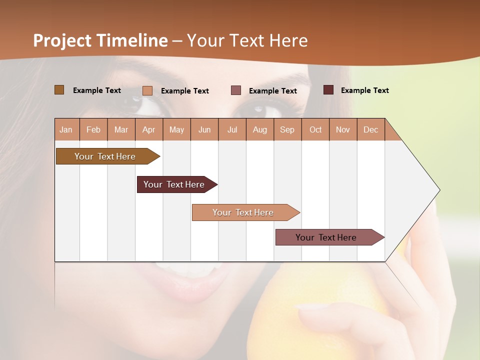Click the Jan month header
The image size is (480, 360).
[x=66, y=129]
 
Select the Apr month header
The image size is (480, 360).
[x=148, y=129]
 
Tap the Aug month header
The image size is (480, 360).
[x=259, y=129]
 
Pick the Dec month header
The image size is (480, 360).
[x=370, y=129]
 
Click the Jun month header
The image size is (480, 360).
[x=204, y=129]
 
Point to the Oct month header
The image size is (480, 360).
[x=315, y=129]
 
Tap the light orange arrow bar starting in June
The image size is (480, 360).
[x=244, y=212]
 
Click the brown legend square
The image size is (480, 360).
[x=59, y=90]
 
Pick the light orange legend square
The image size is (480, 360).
[x=147, y=90]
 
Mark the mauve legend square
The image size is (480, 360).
[x=236, y=90]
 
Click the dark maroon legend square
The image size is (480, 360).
[x=328, y=90]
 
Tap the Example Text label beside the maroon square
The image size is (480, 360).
[x=364, y=90]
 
